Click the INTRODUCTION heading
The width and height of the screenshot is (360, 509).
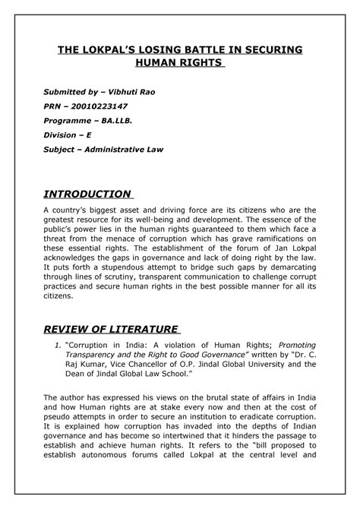click(x=86, y=194)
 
